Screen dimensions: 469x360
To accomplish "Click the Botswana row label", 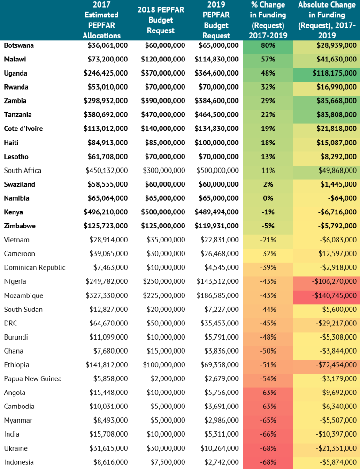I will coord(19,45).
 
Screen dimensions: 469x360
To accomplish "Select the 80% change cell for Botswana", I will coord(268,45).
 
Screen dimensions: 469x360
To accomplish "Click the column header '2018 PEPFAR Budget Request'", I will coord(161,20).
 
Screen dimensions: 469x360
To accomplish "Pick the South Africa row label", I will coord(23,171).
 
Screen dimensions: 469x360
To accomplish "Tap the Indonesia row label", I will coord(19,462).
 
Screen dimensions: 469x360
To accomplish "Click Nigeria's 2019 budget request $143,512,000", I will coord(218,281).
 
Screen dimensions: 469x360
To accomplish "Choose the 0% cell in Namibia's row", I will coord(268,198).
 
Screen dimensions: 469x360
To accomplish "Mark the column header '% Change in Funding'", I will coord(268,20).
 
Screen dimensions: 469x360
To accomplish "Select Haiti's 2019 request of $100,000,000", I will coord(218,143).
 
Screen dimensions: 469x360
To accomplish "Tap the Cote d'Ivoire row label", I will coord(23,129).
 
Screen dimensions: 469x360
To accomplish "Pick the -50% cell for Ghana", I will coord(268,351).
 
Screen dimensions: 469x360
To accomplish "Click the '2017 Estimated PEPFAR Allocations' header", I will coord(101,20).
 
